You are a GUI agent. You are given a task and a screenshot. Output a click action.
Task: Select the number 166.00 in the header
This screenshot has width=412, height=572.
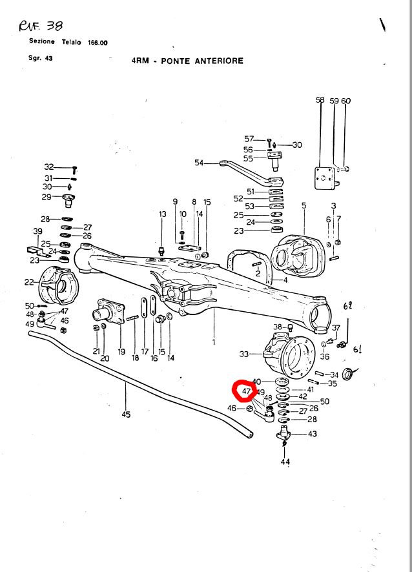(x=98, y=42)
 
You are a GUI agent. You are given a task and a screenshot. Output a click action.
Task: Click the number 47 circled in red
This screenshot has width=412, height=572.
(x=246, y=391)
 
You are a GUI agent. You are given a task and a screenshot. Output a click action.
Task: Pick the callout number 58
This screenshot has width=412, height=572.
(x=320, y=100)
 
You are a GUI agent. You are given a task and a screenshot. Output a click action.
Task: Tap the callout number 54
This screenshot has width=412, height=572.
(x=198, y=163)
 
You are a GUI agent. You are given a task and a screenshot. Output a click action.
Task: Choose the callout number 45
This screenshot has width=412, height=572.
(x=126, y=414)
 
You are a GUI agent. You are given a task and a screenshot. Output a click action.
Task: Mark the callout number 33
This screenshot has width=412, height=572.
(x=244, y=354)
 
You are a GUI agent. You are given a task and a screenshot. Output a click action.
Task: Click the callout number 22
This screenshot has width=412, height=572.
(x=30, y=282)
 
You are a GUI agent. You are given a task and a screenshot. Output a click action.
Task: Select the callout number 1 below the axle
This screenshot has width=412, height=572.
(x=213, y=342)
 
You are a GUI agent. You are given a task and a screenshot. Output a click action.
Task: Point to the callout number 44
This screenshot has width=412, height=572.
(x=285, y=462)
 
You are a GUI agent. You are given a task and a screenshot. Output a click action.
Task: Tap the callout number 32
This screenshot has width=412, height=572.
(x=49, y=167)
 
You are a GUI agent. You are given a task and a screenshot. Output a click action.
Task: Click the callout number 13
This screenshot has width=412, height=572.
(x=162, y=214)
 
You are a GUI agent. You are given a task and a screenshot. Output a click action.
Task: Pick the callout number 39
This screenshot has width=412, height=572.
(x=37, y=231)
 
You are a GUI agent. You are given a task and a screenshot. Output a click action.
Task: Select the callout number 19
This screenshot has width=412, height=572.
(x=121, y=352)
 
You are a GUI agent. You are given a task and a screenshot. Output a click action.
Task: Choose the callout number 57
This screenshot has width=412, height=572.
(x=249, y=139)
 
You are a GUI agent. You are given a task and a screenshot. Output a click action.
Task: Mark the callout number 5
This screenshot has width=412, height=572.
(x=304, y=205)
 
